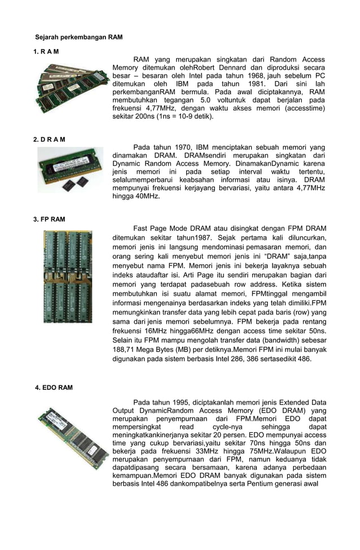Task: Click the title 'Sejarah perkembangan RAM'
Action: coord(79,37)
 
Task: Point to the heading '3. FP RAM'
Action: coord(50,219)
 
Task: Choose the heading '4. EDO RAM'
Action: coord(54,388)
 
